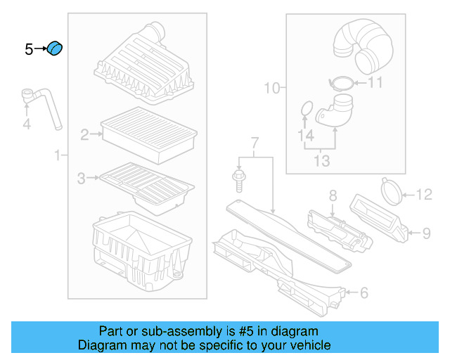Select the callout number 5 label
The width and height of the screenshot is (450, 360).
coord(29,49)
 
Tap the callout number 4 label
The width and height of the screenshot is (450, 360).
coord(27,125)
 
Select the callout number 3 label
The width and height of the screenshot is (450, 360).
coord(81,179)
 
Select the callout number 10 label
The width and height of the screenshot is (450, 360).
coord(271,88)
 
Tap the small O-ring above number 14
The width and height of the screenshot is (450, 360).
coord(306,109)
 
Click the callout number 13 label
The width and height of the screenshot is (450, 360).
coord(321,161)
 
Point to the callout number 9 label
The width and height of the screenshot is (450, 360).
coord(425,233)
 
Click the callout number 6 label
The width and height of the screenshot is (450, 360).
coord(363,292)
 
